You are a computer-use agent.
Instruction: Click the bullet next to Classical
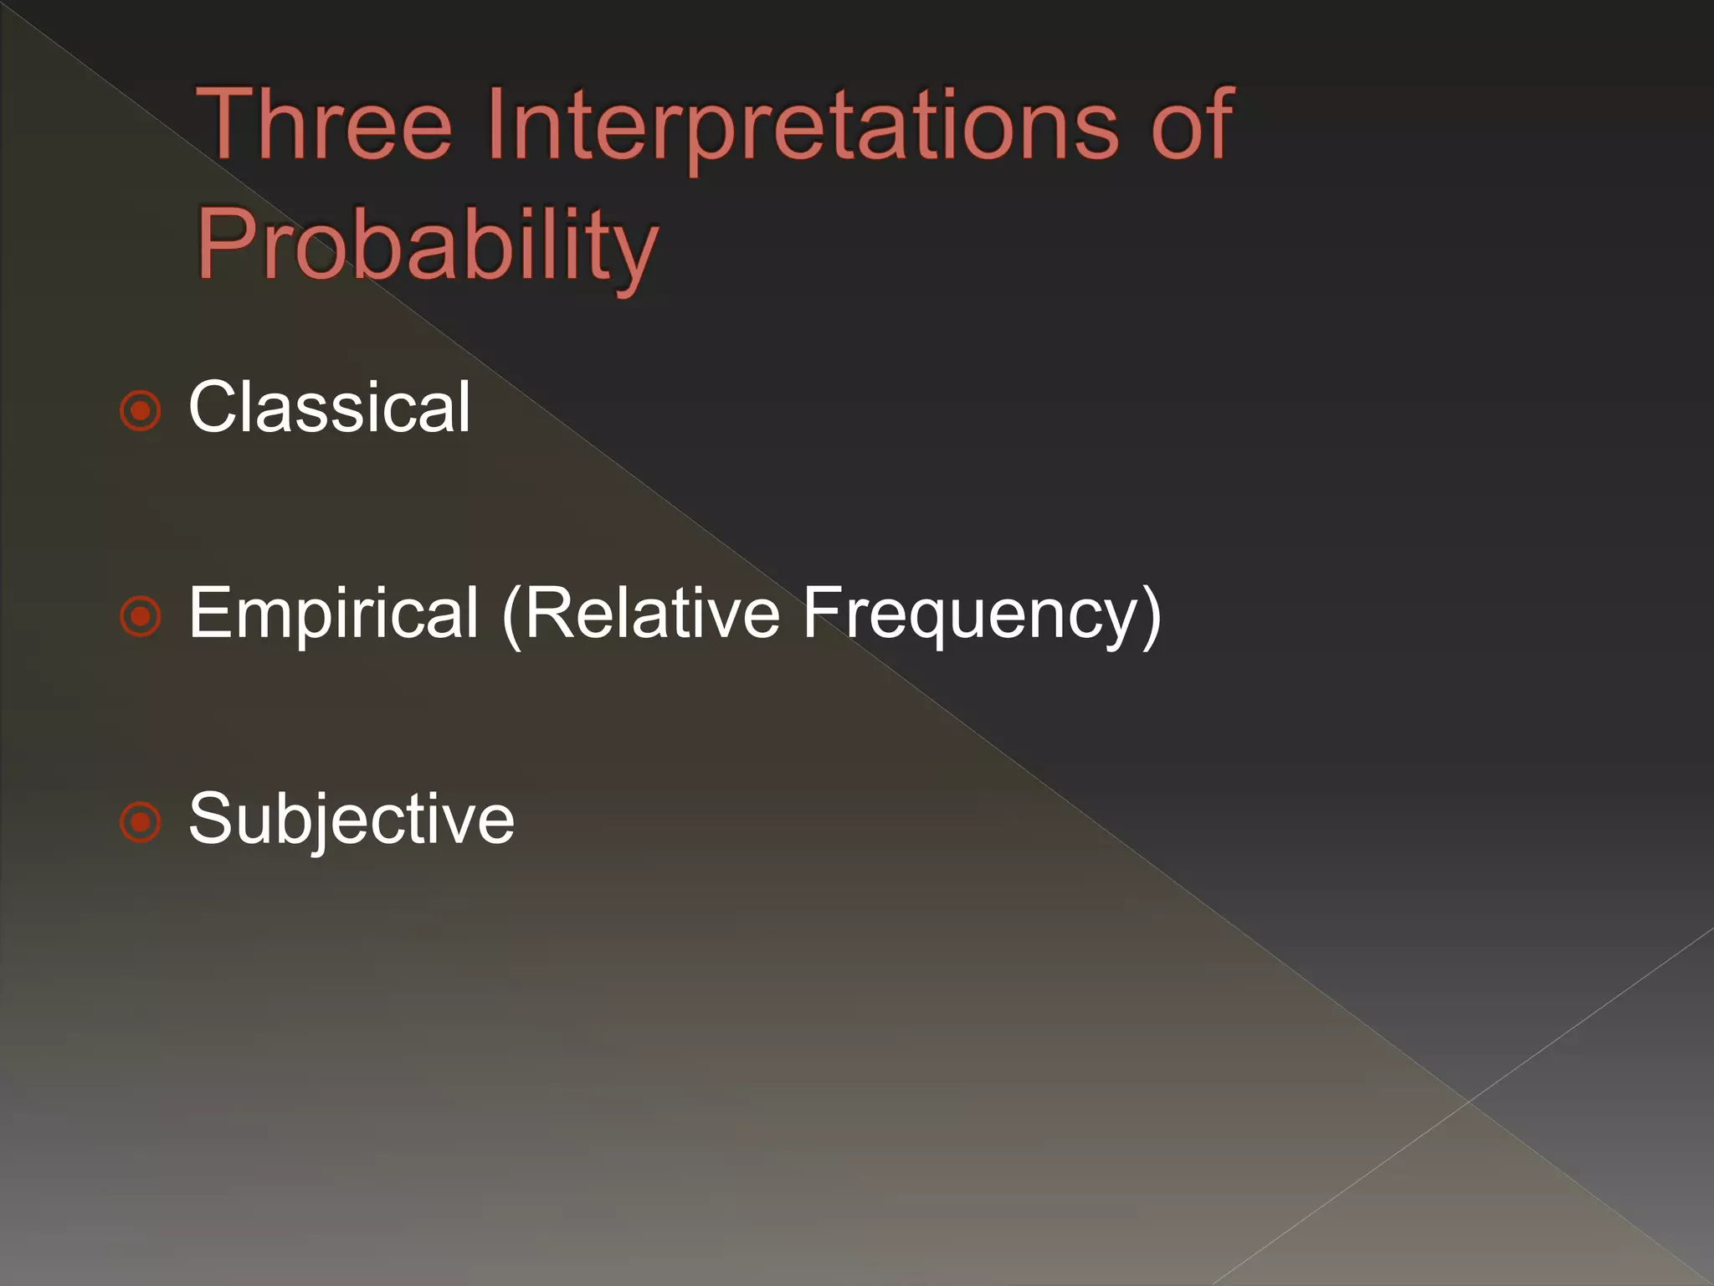140,410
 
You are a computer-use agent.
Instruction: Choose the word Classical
329,407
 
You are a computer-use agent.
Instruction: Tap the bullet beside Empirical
140,617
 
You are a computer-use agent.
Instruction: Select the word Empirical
333,614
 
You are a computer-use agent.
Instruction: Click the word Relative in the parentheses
652,614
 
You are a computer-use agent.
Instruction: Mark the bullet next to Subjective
140,822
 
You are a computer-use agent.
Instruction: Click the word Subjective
352,819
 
